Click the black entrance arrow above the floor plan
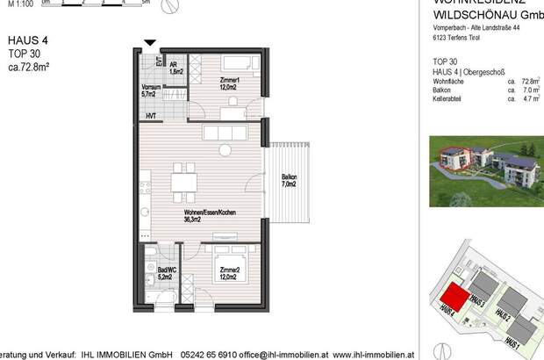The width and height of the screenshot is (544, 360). [x=150, y=42]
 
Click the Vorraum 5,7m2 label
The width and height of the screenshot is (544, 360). [x=149, y=91]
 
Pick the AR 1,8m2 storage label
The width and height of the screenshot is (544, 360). [x=175, y=68]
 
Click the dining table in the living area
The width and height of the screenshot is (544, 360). [x=184, y=184]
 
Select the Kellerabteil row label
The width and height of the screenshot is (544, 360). [x=447, y=99]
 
